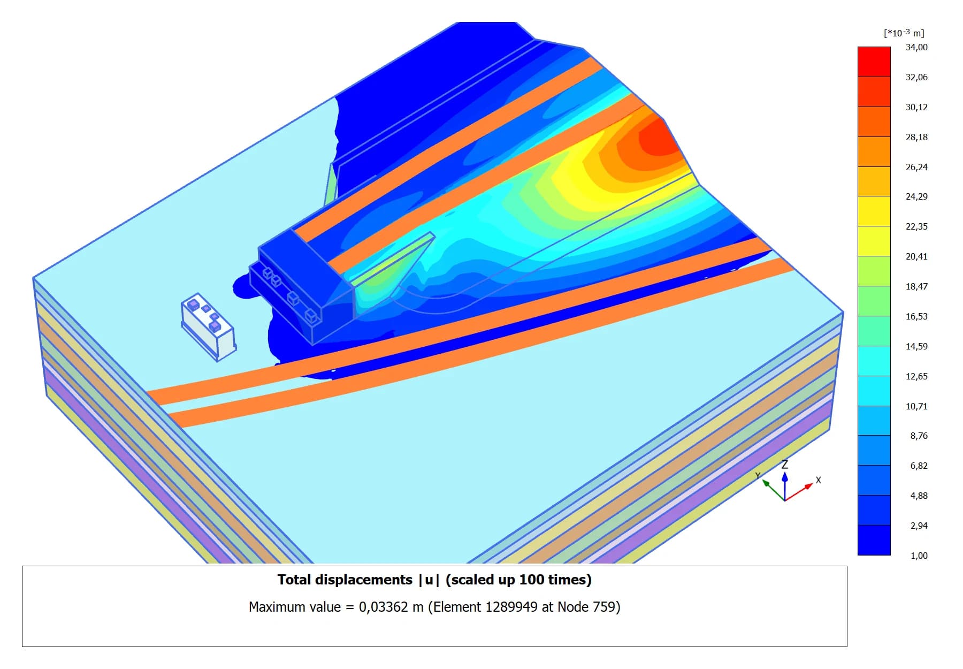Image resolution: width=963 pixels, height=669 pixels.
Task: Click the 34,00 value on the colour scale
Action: (x=916, y=47)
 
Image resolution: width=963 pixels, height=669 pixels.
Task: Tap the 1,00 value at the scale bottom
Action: (x=919, y=556)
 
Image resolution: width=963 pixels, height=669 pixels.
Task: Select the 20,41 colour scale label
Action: (x=916, y=256)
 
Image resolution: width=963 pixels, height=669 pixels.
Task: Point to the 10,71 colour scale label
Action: (x=916, y=406)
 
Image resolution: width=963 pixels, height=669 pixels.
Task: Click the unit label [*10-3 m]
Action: (x=904, y=33)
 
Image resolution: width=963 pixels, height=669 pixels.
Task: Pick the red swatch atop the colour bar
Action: (x=874, y=62)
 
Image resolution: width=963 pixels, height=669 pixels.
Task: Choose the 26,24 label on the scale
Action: (x=916, y=167)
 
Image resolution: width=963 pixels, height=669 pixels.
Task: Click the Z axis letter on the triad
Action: (x=785, y=464)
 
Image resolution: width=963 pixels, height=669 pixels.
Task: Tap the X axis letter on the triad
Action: (x=818, y=480)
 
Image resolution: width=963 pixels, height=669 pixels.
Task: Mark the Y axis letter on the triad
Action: (x=758, y=475)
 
